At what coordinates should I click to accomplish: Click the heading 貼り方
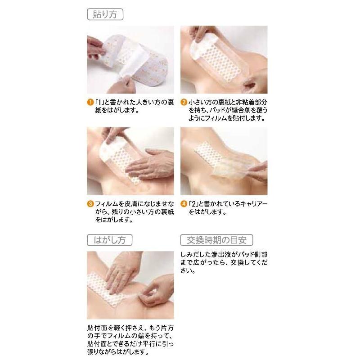[104, 14]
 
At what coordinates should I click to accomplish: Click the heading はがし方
[109, 240]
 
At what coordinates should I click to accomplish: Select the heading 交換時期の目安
[216, 240]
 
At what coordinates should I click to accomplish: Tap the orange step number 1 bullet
[90, 102]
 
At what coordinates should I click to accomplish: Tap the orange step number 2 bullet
[184, 102]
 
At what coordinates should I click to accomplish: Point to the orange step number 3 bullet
[90, 203]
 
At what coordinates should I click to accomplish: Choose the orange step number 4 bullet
[184, 203]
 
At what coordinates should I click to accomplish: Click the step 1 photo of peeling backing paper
[130, 59]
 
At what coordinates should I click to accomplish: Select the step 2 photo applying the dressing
[224, 59]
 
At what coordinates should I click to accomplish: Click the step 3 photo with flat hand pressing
[130, 161]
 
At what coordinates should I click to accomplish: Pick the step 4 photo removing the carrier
[224, 161]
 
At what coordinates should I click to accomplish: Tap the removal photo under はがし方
[130, 285]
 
